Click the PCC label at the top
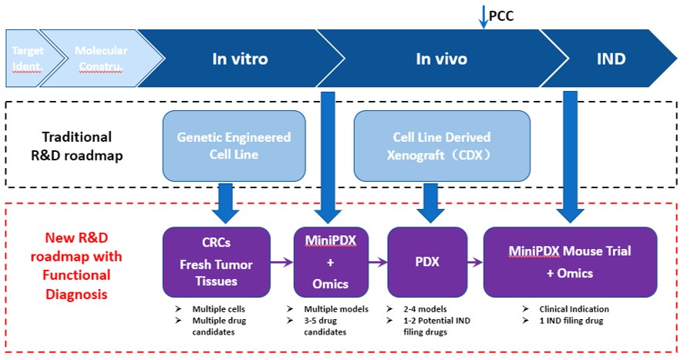coord(501,15)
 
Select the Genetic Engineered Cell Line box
coord(234,145)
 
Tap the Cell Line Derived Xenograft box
coord(443,145)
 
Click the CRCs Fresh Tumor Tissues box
coord(216,261)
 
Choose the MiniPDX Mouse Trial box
coord(570,261)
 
